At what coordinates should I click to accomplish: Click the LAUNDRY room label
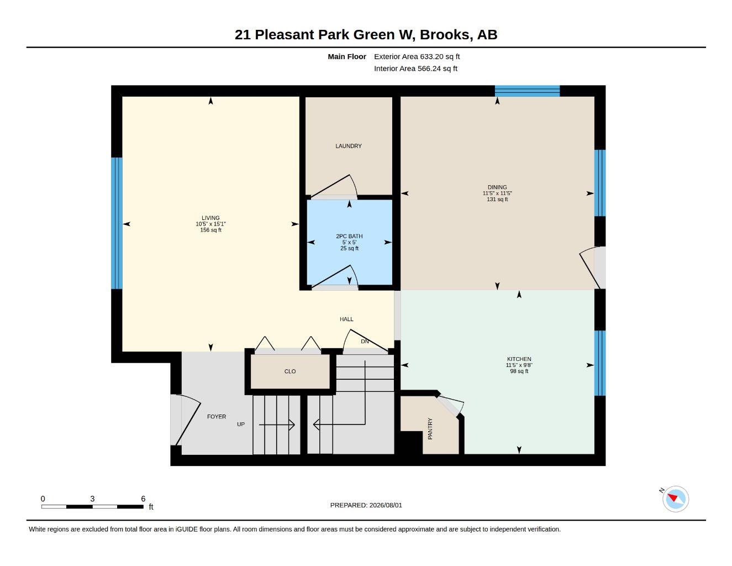tap(348, 146)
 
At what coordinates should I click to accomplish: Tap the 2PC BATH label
tap(349, 236)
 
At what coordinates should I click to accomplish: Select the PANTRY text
tap(430, 428)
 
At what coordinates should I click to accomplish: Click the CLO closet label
tap(289, 371)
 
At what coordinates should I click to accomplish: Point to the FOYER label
tap(216, 417)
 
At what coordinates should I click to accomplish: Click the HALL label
tap(346, 319)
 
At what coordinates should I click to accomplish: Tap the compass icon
tap(675, 499)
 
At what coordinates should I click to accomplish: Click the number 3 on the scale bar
tap(92, 499)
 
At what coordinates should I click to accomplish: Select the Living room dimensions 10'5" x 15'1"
tap(210, 224)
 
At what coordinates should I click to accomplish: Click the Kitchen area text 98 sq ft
tap(519, 371)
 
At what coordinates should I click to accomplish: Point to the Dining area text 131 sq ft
tap(497, 200)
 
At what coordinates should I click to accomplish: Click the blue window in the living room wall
tap(117, 223)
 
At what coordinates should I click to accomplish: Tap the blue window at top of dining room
tap(527, 91)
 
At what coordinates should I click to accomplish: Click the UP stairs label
tap(240, 424)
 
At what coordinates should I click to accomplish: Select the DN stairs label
tap(365, 341)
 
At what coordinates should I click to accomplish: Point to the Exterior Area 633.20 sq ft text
tap(417, 56)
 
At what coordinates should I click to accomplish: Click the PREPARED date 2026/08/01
tap(386, 505)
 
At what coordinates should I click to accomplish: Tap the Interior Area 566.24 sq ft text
tap(415, 69)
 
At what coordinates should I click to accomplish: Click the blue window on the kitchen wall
tap(599, 363)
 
